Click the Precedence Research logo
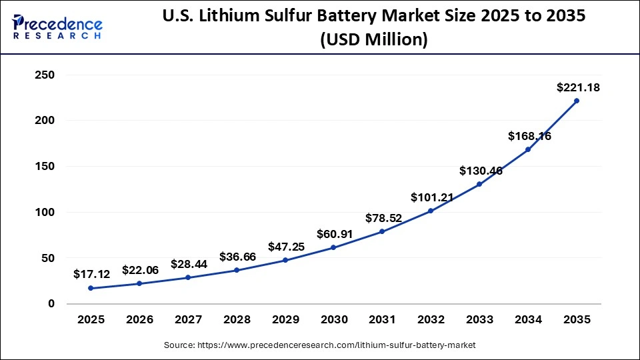[57, 25]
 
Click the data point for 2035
[577, 101]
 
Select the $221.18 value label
[577, 87]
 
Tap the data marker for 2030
[333, 247]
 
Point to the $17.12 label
[91, 274]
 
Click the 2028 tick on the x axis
[237, 320]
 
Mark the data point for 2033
[479, 184]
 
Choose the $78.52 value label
[383, 218]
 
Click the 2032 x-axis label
[431, 320]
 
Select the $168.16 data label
[529, 136]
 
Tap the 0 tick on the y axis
[51, 304]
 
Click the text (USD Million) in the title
[373, 40]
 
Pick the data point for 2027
[188, 277]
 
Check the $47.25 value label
[286, 247]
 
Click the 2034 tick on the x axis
[528, 320]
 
